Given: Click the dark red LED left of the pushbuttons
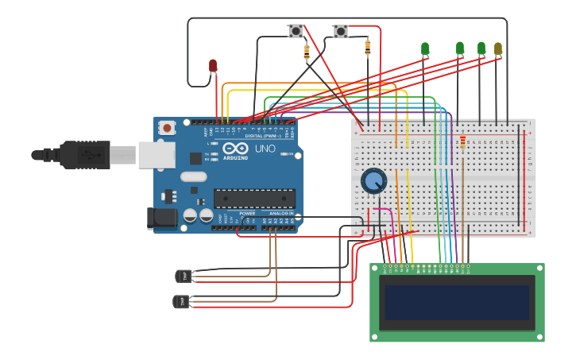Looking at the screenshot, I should (x=213, y=65).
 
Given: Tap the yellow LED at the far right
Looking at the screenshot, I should (x=498, y=49).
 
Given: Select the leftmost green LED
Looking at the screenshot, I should (x=425, y=49).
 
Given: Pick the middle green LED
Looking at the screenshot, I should (x=460, y=49).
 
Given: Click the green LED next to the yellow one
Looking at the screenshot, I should (x=481, y=49).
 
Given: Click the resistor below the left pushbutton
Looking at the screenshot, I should (x=307, y=52).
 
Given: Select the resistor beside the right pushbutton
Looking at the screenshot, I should (x=367, y=47).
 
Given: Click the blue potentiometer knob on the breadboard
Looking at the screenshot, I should (x=373, y=180).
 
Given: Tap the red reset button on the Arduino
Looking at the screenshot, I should (x=167, y=127).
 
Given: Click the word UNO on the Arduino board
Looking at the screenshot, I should (x=265, y=149).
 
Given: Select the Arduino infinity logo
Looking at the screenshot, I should (x=235, y=149).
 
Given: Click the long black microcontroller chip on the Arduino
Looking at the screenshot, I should (x=254, y=199).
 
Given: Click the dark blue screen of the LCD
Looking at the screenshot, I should (x=457, y=303).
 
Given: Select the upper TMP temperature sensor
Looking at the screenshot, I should (x=183, y=276).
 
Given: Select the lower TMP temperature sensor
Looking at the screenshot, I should (x=181, y=301).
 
